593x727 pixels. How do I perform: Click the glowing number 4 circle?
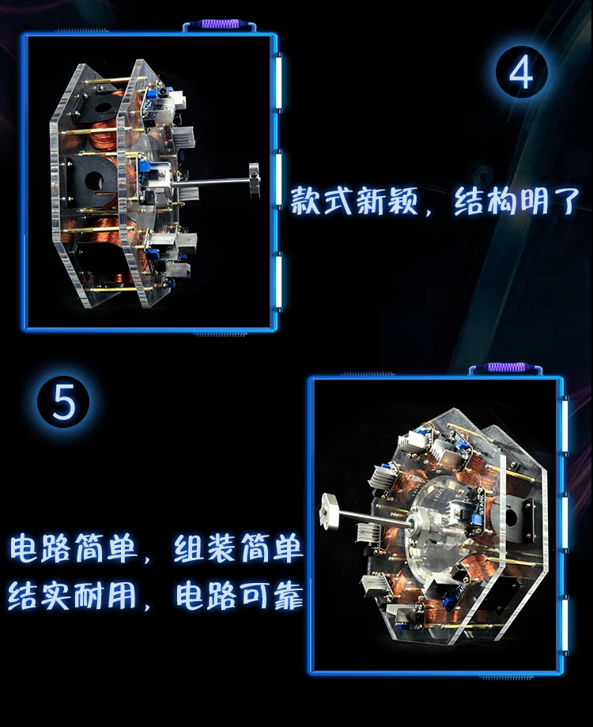(521, 72)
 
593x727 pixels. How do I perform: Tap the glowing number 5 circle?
(63, 401)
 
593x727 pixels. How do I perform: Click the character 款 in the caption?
(306, 200)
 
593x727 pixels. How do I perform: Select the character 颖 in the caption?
(402, 200)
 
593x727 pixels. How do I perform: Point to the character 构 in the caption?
(500, 200)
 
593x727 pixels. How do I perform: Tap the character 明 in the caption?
(533, 200)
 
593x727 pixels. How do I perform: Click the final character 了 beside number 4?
(565, 200)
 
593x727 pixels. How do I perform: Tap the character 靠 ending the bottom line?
(288, 595)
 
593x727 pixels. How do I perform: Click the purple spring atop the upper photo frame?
(219, 24)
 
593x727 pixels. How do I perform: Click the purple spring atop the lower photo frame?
(505, 367)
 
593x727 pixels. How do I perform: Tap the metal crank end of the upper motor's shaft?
(254, 178)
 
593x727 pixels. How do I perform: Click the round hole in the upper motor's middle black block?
(94, 180)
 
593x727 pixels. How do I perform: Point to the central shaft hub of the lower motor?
(419, 524)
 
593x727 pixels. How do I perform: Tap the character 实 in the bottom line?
(57, 595)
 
